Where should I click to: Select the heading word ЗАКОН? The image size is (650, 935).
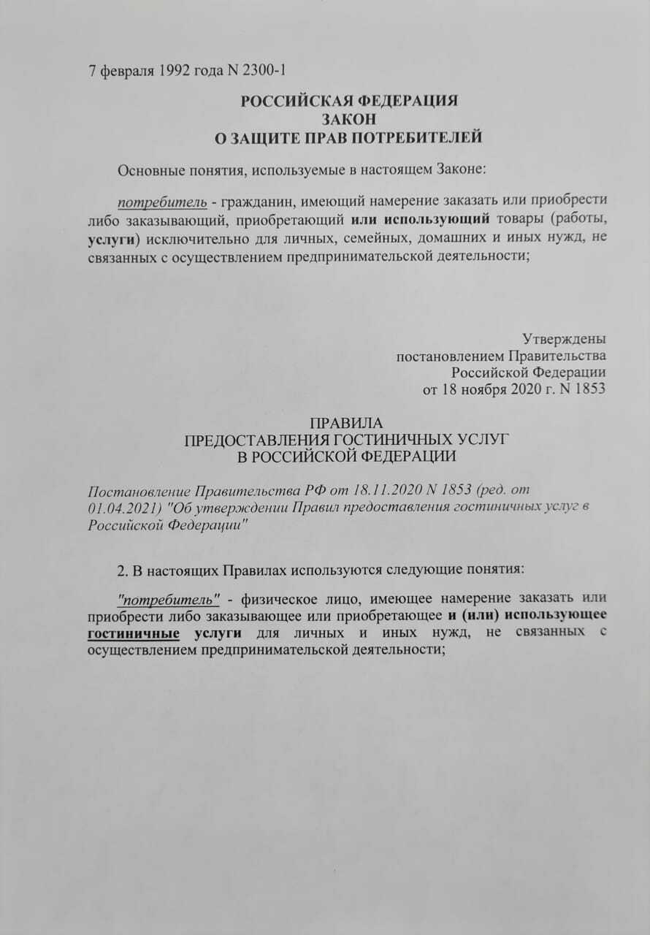click(x=349, y=118)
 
